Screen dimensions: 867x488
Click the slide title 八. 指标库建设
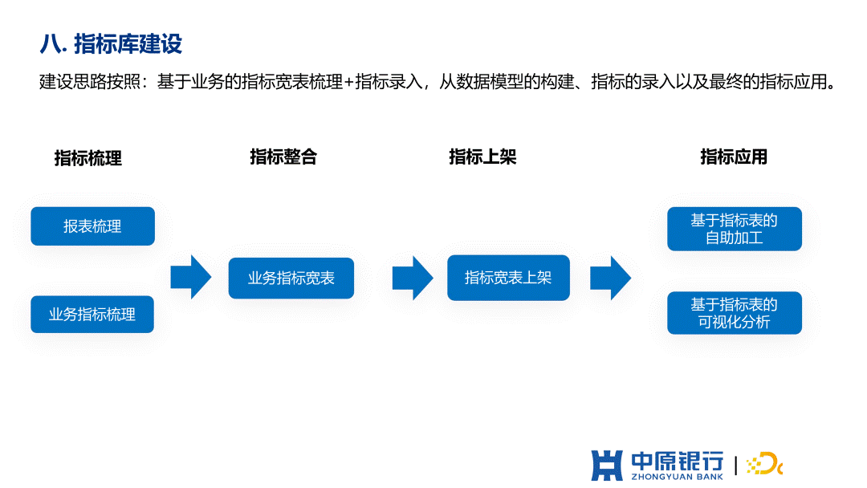[111, 43]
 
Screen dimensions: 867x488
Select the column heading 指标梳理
[88, 158]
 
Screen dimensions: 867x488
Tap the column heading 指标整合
[283, 157]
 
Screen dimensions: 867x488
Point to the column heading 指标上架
[482, 157]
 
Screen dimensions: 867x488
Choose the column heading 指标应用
[734, 157]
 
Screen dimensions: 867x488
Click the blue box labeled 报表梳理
[93, 226]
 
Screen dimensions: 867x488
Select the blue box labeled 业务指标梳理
[92, 315]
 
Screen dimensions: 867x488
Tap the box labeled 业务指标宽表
[291, 278]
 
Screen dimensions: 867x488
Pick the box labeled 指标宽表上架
[508, 278]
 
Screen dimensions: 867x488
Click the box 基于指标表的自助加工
[735, 229]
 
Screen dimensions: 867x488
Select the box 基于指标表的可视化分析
[735, 313]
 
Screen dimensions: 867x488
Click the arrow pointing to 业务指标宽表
[191, 277]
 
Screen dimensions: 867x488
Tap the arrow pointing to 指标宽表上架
[413, 278]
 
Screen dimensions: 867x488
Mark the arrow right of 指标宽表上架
[610, 278]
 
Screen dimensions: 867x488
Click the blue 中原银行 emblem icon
[607, 465]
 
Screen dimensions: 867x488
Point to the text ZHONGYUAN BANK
[678, 477]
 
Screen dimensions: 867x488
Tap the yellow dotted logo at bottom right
[765, 464]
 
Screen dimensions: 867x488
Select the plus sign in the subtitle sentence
[348, 83]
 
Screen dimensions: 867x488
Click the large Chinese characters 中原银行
[678, 461]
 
